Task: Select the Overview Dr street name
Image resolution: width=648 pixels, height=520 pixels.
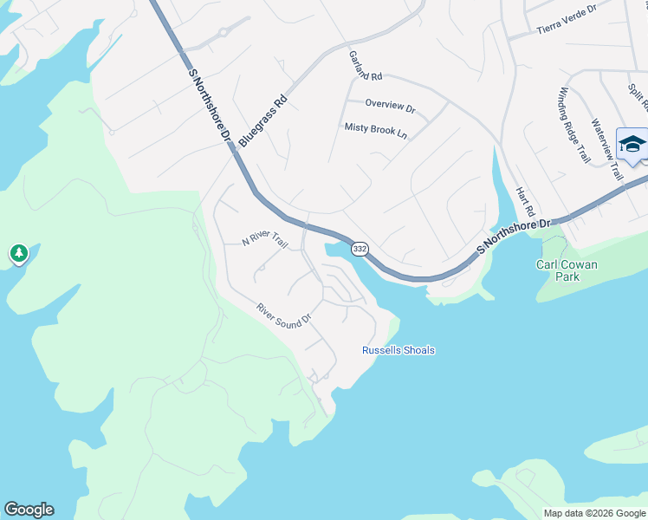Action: point(390,105)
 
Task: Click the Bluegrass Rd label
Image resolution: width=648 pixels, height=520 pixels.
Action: point(262,120)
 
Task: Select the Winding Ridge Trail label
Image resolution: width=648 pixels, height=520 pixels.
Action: point(574,126)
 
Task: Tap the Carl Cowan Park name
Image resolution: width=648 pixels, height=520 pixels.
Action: point(568,271)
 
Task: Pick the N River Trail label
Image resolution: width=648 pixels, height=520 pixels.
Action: point(264,240)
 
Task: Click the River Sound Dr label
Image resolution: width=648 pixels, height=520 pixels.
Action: point(283,315)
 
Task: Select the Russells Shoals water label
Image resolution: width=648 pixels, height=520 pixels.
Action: point(398,350)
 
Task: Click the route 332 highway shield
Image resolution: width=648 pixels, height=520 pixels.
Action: point(360,249)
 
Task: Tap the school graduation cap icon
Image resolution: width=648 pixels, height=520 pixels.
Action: point(632,144)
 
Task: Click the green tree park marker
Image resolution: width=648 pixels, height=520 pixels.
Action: point(18,254)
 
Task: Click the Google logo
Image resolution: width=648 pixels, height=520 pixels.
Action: point(29,510)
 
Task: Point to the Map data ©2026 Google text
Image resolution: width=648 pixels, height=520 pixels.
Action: point(594,513)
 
